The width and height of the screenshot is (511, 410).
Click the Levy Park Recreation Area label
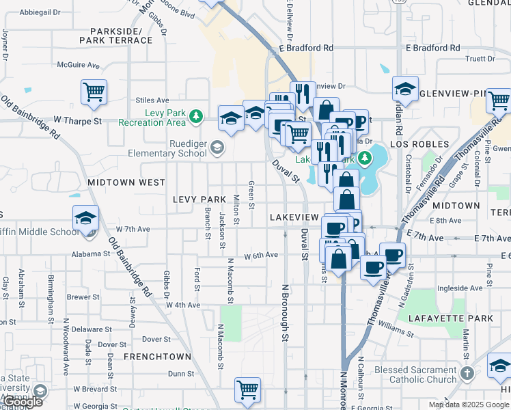click(x=152, y=118)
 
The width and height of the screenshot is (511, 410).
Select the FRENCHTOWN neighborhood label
click(x=158, y=357)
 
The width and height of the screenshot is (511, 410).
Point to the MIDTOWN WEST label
click(x=126, y=182)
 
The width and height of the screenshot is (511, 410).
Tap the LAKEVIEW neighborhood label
click(x=294, y=217)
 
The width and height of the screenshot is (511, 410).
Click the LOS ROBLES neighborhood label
click(x=419, y=144)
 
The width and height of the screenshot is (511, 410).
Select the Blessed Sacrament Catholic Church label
click(x=415, y=375)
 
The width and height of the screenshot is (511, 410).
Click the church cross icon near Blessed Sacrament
click(x=467, y=374)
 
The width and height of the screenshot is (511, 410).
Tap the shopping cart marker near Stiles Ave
click(x=94, y=91)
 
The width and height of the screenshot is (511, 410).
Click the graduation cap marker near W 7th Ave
click(x=86, y=218)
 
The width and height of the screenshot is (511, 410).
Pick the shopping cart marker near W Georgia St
click(x=247, y=389)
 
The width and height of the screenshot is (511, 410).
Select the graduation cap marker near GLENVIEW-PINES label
click(x=405, y=89)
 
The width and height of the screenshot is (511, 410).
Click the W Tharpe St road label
click(x=77, y=121)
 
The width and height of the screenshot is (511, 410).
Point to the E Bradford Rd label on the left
click(x=306, y=48)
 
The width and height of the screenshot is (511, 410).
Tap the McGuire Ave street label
click(x=79, y=65)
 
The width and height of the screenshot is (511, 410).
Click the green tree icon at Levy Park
click(x=197, y=116)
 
